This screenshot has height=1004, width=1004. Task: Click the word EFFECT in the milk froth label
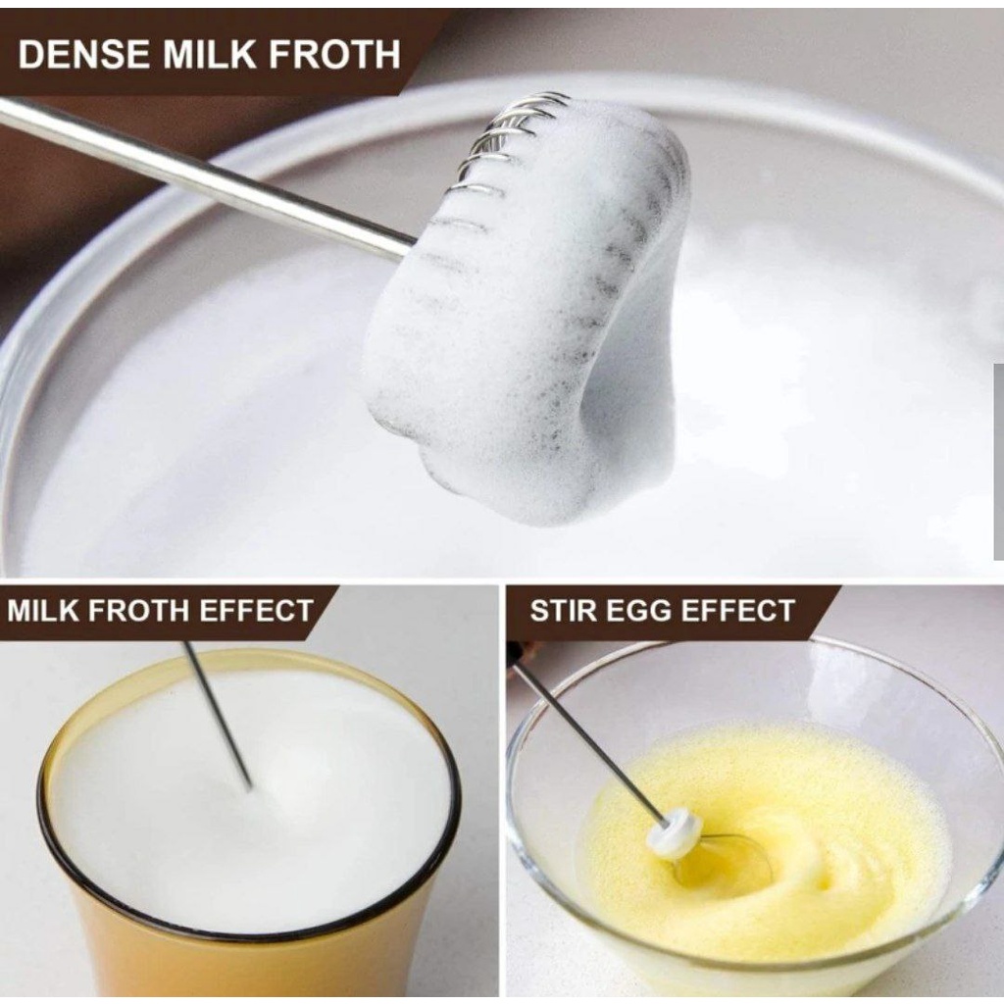(x=256, y=610)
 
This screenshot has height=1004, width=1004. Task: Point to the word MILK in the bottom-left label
(x=42, y=610)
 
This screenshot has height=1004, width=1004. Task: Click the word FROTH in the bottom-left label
(x=138, y=610)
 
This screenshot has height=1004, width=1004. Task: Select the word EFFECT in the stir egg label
(x=737, y=610)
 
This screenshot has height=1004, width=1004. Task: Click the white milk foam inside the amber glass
(x=250, y=800)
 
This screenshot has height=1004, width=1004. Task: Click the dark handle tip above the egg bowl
(x=519, y=652)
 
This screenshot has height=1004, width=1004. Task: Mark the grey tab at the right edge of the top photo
(x=999, y=461)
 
